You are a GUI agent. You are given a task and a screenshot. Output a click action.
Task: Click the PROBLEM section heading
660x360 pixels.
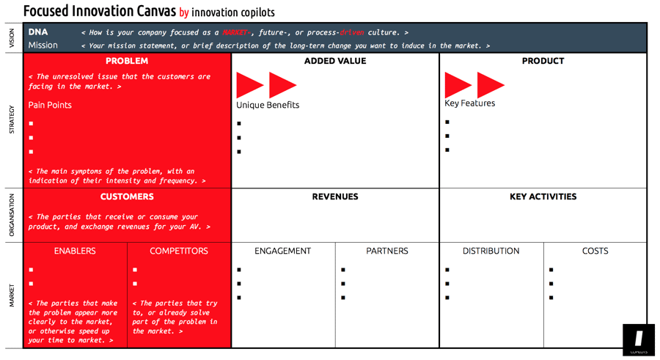point(127,61)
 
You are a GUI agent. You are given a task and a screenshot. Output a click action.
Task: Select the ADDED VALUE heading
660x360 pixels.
point(335,61)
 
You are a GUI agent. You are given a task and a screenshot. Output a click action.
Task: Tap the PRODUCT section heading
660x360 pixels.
point(543,61)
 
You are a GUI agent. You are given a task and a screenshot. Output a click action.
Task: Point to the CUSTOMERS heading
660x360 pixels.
point(127,196)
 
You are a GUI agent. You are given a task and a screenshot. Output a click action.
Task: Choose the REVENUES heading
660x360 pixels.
point(335,196)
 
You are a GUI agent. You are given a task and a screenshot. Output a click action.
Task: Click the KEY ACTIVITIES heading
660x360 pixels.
point(543,196)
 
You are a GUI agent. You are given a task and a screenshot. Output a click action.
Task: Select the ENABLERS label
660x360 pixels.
point(75,251)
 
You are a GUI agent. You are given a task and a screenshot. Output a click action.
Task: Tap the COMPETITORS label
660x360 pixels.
point(179,251)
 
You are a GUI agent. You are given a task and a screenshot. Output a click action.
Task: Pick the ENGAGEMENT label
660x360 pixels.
point(283,251)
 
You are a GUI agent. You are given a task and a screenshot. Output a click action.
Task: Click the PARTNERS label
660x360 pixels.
point(387,251)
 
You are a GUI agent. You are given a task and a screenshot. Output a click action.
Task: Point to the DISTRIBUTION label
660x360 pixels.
point(491,251)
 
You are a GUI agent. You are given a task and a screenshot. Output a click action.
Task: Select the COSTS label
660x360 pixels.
point(595,251)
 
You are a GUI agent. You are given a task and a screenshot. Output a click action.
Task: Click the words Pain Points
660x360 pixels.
point(50,105)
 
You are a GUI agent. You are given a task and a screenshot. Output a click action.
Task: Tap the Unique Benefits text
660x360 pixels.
point(268,105)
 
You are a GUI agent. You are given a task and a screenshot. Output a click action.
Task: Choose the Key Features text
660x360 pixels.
point(469,103)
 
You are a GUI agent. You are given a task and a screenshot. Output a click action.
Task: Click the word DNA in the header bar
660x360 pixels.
point(38,32)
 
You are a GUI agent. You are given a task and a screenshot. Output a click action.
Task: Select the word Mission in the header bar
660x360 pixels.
point(43,45)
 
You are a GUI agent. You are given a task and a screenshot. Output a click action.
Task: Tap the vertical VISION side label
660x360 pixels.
point(11,38)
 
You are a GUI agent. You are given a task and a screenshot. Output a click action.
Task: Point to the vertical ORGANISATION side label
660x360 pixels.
point(11,216)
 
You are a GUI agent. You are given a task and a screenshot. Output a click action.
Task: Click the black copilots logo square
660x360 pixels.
point(638,339)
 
